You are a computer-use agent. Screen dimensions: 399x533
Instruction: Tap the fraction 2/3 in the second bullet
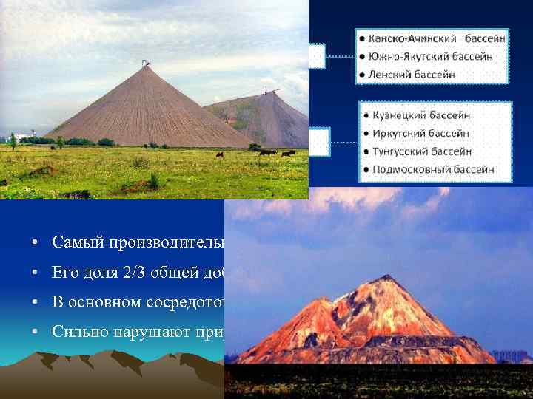coord(122,272)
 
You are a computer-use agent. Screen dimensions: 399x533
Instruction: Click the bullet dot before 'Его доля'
coord(35,272)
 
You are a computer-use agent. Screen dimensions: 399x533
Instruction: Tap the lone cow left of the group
coord(218,154)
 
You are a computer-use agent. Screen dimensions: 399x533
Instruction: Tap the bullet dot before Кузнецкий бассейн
coord(368,116)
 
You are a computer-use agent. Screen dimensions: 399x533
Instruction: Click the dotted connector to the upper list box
coord(338,56)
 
